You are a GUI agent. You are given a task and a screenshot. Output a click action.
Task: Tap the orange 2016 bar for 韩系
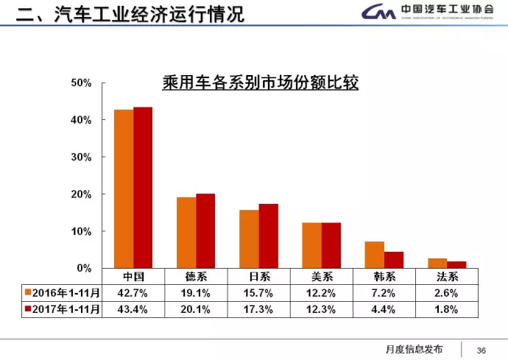tap(374, 255)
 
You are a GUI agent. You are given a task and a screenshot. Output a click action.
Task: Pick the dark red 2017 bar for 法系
tap(456, 265)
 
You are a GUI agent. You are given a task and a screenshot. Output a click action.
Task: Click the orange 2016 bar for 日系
tap(249, 239)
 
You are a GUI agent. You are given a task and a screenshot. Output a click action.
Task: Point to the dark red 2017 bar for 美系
tap(331, 245)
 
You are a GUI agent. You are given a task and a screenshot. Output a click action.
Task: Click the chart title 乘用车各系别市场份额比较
tap(260, 82)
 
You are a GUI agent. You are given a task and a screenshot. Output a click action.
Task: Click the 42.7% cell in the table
tap(133, 292)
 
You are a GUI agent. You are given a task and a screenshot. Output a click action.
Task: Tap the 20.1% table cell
tap(196, 309)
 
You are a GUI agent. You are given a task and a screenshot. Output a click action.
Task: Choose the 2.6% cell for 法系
tap(446, 292)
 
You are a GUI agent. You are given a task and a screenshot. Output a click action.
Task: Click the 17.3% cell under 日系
tap(258, 309)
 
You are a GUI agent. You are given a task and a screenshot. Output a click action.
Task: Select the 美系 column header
tap(321, 276)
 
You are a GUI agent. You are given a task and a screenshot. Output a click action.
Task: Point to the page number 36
tap(482, 349)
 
